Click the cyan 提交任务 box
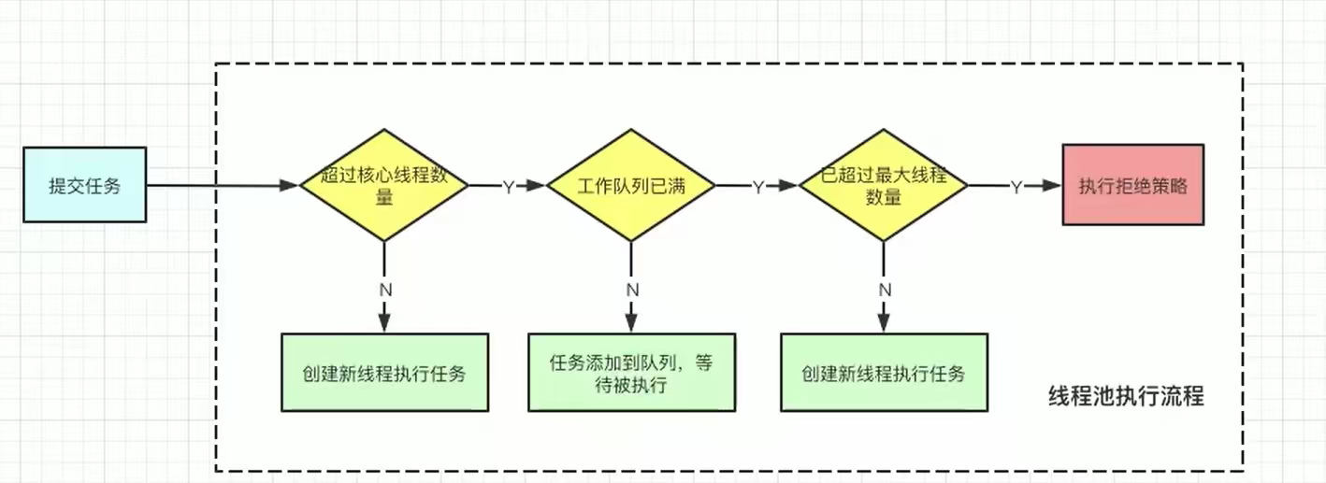click(x=84, y=185)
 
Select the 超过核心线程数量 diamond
click(x=383, y=185)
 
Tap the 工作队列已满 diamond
click(x=631, y=185)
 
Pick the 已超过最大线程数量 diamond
click(x=883, y=185)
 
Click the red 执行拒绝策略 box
click(x=1132, y=185)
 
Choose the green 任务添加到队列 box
click(x=631, y=373)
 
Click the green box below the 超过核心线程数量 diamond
click(x=384, y=373)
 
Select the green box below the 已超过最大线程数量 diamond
click(x=884, y=373)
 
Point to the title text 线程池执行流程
click(x=1125, y=396)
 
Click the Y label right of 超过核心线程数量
click(x=509, y=187)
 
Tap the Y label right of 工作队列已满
click(x=758, y=187)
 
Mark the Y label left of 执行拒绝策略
click(x=1016, y=187)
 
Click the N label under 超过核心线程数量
click(x=384, y=290)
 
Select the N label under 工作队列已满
click(x=632, y=290)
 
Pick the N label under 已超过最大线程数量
click(x=885, y=290)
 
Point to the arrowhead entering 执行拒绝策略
click(x=1054, y=186)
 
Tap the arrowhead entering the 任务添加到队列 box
click(x=632, y=325)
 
